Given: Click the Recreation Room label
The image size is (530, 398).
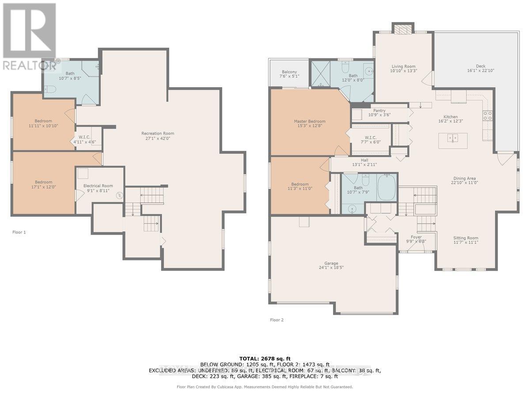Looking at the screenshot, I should coord(158,134).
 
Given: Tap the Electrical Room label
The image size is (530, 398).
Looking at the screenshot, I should coord(98,186).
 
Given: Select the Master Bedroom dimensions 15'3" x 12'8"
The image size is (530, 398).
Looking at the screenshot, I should coord(310,126).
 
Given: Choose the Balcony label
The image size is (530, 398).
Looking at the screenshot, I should coord(289,72).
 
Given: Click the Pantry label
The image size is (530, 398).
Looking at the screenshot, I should coord(379,111).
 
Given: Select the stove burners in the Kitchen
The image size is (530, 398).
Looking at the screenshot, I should coord(489,115).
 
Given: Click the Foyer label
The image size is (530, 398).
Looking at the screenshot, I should coord(416,237).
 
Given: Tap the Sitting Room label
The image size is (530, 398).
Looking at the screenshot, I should coord(466,237).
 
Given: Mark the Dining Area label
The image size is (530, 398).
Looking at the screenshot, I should coord(463,179).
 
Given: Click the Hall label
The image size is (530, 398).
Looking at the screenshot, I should coord(364,161).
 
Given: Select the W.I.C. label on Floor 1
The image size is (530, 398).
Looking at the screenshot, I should coord(84,137).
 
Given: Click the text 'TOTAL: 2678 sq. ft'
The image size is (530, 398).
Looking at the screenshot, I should coord(265,358).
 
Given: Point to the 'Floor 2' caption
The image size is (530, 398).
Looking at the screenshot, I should coord(277,319).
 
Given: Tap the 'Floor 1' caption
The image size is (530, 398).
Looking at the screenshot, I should coord(19,232).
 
